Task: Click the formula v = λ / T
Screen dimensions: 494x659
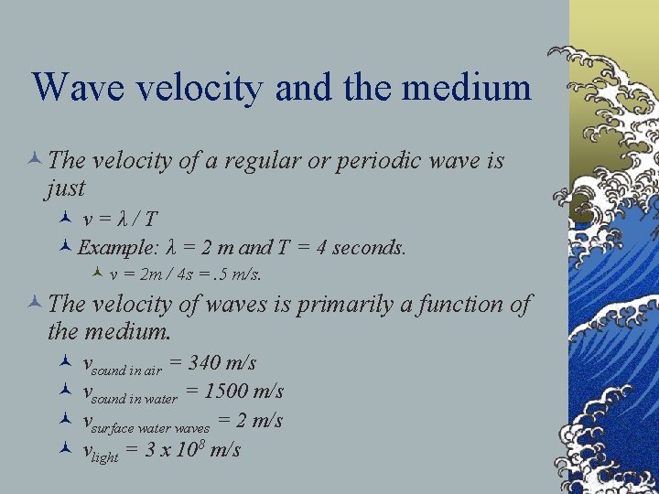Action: click(x=120, y=220)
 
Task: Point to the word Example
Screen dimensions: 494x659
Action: click(x=117, y=247)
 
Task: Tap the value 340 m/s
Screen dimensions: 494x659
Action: click(x=221, y=363)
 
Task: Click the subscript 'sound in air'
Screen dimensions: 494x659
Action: click(x=127, y=370)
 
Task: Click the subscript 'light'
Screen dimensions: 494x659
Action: click(x=105, y=457)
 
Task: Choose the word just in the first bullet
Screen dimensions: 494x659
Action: click(x=64, y=188)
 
